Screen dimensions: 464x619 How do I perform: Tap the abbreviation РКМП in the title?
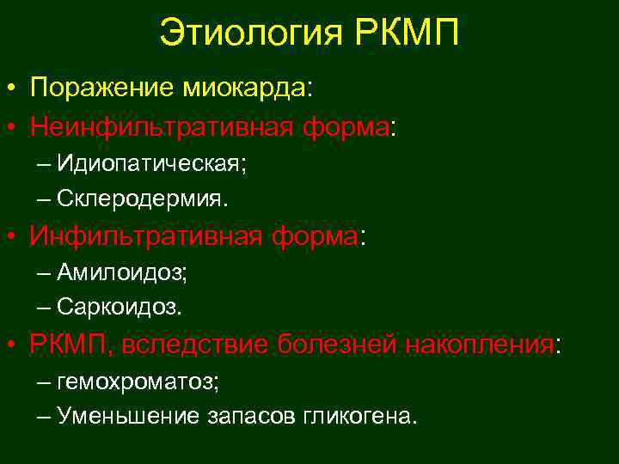point(406,34)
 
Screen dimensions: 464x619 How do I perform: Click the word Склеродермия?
point(143,198)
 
